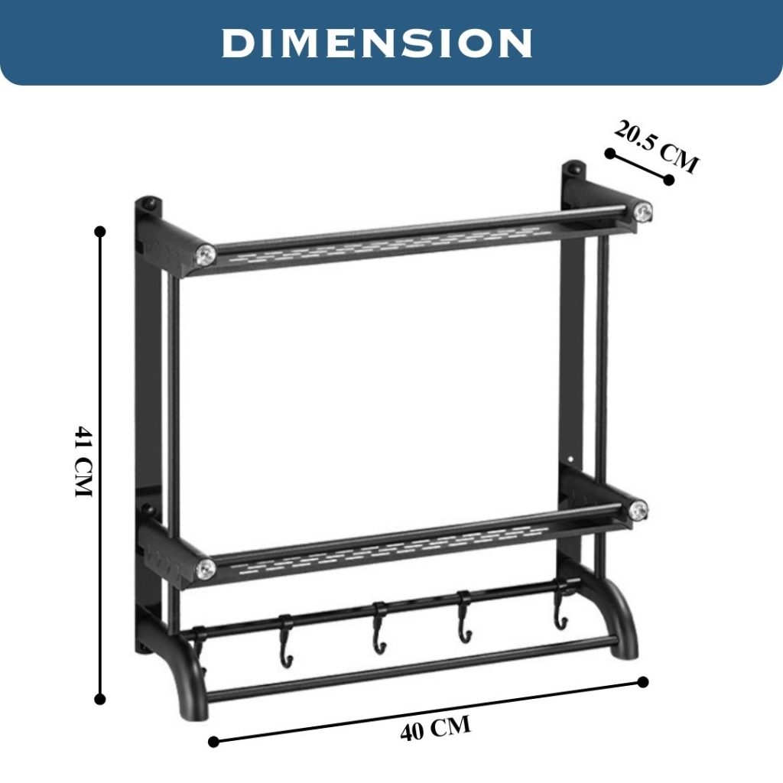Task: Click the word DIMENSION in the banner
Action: (377, 43)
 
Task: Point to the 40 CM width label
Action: (435, 728)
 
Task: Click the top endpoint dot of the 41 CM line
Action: (99, 230)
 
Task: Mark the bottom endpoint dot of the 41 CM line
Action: (99, 698)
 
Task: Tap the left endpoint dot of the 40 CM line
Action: (213, 741)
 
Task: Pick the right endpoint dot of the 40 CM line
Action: (643, 681)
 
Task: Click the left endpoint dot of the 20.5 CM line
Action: (609, 153)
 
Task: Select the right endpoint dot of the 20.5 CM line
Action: (669, 180)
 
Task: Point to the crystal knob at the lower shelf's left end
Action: (205, 568)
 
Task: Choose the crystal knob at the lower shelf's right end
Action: (638, 510)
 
